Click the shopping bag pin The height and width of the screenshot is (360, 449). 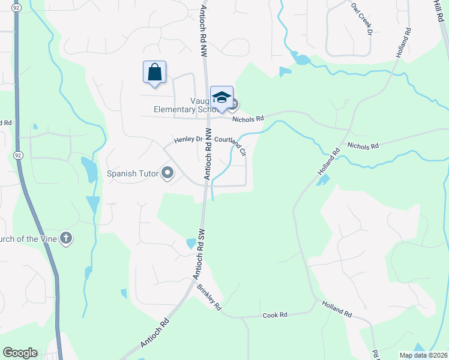[155, 73]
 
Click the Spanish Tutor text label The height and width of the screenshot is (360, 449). [132, 173]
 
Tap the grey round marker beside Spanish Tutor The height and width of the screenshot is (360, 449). [167, 174]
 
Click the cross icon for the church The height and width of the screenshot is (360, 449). [66, 239]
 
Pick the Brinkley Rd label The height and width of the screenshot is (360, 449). [209, 297]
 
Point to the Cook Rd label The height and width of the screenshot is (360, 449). [275, 314]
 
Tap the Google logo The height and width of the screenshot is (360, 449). [20, 353]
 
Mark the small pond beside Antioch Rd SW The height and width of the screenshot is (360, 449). [191, 243]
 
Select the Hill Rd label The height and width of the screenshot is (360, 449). [438, 10]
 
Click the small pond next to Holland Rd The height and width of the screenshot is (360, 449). [323, 179]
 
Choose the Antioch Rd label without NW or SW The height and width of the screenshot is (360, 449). [155, 332]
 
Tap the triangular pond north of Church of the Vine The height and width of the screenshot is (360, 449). [93, 203]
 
